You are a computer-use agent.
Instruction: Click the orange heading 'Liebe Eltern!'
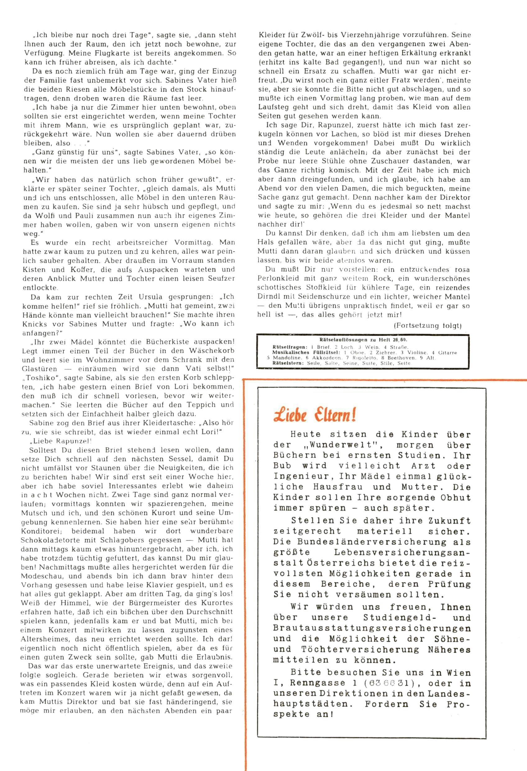click(315, 414)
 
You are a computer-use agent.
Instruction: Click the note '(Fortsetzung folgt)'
click(428, 325)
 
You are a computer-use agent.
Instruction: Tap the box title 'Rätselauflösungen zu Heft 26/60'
click(363, 340)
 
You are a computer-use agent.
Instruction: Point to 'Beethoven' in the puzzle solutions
click(400, 358)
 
